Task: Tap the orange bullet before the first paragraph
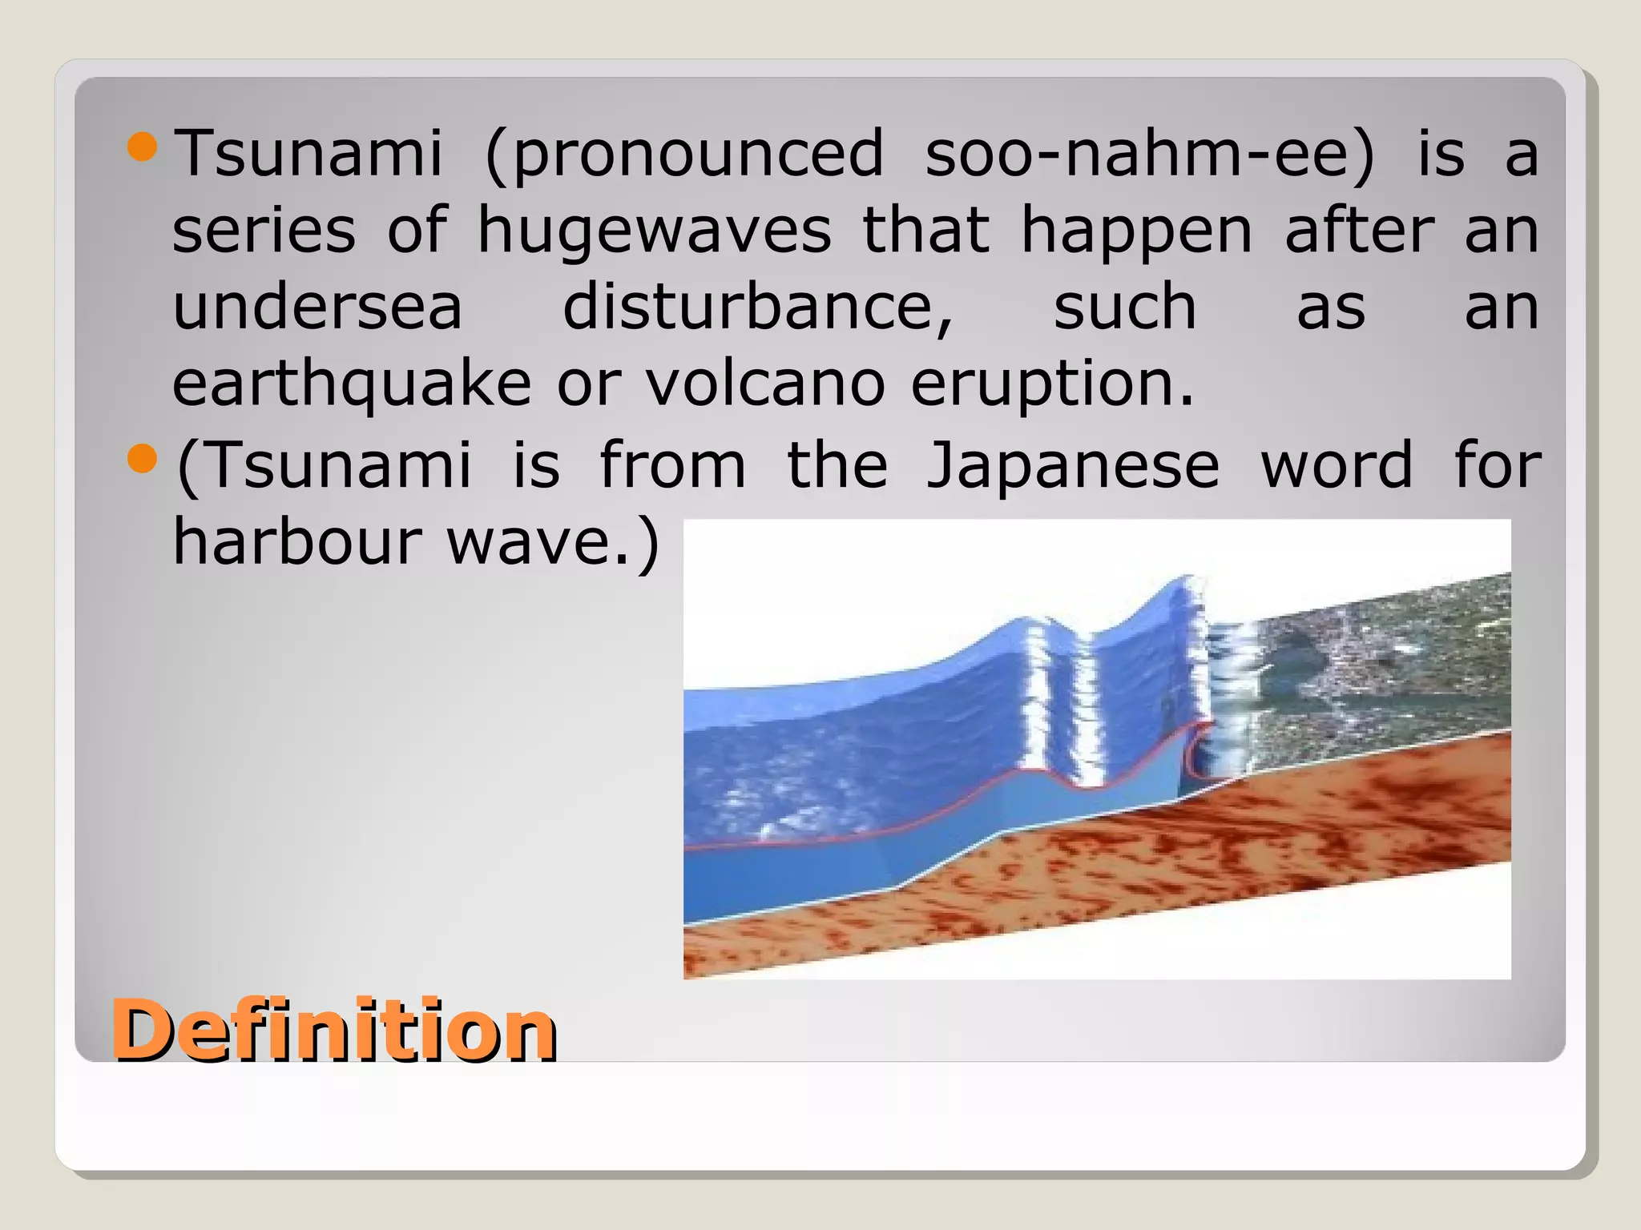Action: click(143, 147)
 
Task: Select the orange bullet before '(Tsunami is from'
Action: click(143, 460)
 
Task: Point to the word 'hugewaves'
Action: click(655, 231)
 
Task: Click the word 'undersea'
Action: click(317, 307)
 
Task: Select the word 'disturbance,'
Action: click(758, 309)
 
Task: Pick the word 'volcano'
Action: click(765, 384)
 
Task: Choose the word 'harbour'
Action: click(297, 542)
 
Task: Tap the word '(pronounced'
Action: click(684, 154)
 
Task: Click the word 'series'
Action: click(264, 231)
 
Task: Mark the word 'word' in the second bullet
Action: click(1337, 464)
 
